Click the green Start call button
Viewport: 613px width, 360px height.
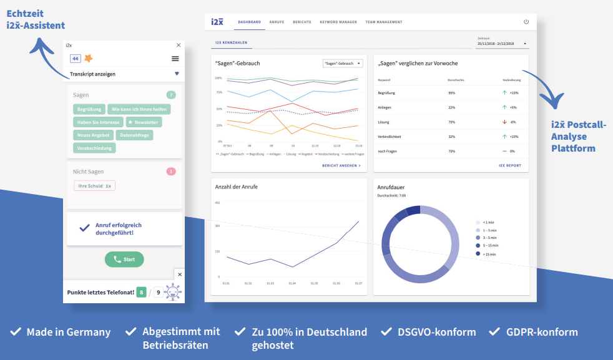[x=124, y=260]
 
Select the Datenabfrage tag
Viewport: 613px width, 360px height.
[x=134, y=135]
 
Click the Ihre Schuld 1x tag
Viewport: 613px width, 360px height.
[x=95, y=186]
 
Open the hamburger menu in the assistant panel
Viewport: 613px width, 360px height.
[x=175, y=59]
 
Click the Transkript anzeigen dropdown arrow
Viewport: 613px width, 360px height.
[x=177, y=74]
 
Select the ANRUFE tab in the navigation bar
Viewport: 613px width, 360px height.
[x=277, y=22]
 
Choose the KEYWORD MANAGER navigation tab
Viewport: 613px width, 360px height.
[x=338, y=22]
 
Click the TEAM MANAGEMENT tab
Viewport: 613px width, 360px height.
[x=384, y=22]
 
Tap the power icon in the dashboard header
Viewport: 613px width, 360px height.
[x=526, y=22]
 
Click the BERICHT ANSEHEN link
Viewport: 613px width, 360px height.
[x=341, y=166]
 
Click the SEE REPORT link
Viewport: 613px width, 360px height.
[x=509, y=166]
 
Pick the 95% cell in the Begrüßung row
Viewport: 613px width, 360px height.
[x=451, y=93]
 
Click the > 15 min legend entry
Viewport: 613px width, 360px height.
[x=488, y=254]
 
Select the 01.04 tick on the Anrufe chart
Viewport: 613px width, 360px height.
[x=292, y=283]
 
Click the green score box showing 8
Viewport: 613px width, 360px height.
[x=142, y=292]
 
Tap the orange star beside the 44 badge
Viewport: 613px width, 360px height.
[x=88, y=59]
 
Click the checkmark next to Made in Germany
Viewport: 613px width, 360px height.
[x=16, y=332]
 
